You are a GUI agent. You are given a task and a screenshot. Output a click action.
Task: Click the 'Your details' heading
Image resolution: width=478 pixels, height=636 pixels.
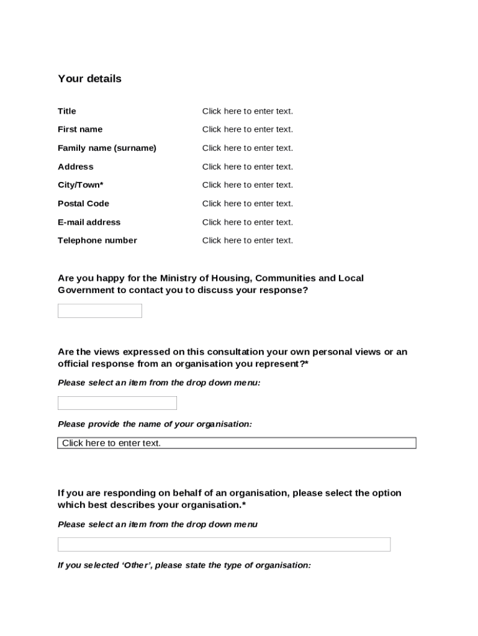[x=89, y=79]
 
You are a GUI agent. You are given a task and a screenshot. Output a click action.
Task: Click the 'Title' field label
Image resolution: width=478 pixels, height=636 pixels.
[x=67, y=111]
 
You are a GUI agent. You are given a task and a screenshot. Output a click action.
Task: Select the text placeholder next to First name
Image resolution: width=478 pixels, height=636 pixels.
[x=247, y=129]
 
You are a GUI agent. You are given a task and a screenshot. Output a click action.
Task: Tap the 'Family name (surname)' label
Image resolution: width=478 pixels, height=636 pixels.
[x=107, y=148]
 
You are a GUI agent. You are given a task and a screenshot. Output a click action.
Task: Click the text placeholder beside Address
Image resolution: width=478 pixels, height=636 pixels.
[x=247, y=166]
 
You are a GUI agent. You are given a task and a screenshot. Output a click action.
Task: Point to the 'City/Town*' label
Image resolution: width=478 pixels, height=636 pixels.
[x=81, y=184]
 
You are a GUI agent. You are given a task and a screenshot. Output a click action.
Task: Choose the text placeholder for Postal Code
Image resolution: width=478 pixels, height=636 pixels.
[x=247, y=203]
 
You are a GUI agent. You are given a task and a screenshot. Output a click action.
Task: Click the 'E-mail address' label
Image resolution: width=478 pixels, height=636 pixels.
[x=89, y=222]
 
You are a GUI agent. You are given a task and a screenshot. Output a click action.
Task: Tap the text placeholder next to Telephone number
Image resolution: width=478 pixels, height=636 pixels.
[x=247, y=240]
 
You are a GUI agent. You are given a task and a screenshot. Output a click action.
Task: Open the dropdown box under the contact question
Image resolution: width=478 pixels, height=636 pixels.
[x=99, y=311]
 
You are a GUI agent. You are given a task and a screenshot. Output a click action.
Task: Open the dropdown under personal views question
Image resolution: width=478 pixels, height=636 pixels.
[x=117, y=403]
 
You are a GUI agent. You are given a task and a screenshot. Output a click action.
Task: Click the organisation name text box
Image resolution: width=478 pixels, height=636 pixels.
[x=237, y=443]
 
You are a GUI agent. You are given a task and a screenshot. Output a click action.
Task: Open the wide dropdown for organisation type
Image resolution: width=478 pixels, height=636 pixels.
[x=223, y=544]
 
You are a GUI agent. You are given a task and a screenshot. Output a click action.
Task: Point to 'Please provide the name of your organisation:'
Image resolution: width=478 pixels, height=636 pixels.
[x=155, y=424]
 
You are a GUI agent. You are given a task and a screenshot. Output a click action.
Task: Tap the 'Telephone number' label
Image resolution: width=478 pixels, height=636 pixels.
[x=97, y=240]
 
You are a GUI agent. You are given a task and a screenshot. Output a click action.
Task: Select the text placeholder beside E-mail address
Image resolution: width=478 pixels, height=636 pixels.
[x=247, y=222]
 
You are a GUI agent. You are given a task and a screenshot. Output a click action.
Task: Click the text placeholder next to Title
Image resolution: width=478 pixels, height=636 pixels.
[x=247, y=111]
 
